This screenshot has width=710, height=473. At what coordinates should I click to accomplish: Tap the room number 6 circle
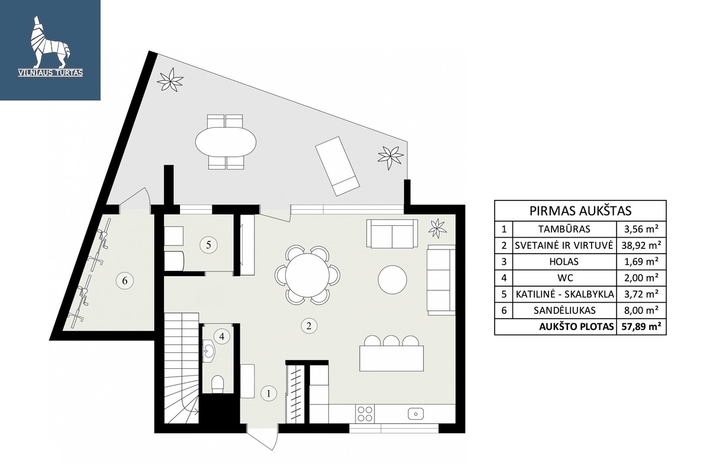[125, 281]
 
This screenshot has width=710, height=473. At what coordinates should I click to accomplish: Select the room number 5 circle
[208, 245]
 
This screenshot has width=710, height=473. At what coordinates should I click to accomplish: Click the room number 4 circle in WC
[221, 336]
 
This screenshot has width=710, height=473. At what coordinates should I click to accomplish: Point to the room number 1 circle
[269, 394]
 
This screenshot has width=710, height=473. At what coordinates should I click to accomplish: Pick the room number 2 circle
[309, 326]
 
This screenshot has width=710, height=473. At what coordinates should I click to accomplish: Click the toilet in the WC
[218, 384]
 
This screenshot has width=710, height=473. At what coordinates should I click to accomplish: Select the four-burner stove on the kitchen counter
[365, 414]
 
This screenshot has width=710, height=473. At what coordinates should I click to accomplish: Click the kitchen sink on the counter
[415, 413]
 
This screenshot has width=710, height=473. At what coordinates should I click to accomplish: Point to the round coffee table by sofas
[392, 280]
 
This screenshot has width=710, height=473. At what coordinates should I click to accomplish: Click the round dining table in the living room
[307, 275]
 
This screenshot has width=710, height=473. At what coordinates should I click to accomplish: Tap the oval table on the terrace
[225, 142]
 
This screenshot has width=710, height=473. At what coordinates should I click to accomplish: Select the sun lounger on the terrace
[338, 166]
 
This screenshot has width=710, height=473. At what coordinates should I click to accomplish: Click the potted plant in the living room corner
[437, 228]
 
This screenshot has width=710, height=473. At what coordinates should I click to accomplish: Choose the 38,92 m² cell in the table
[641, 245]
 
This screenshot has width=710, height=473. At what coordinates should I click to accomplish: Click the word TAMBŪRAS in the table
[564, 229]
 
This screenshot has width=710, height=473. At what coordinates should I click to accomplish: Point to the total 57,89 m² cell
[641, 326]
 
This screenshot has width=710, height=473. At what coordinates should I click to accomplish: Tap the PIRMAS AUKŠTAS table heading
[580, 211]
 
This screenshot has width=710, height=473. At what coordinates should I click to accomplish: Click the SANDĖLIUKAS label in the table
[564, 310]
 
